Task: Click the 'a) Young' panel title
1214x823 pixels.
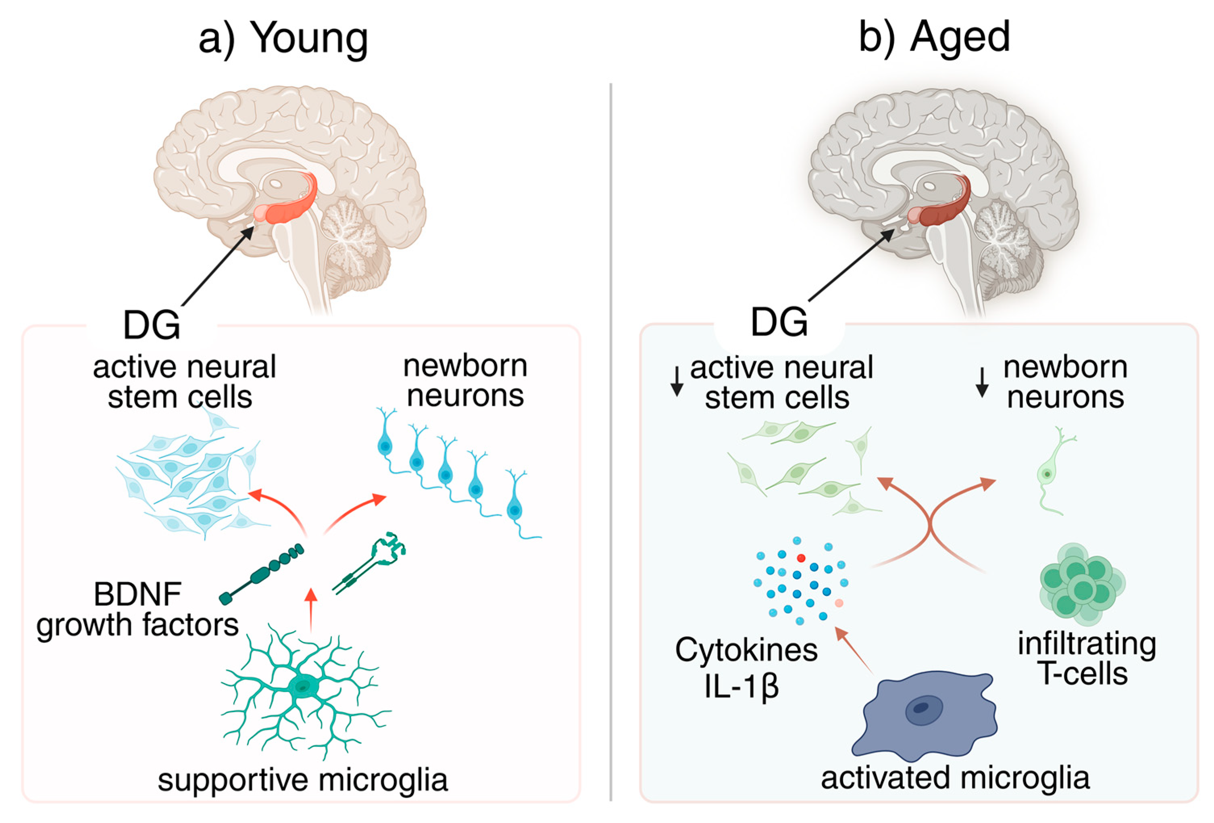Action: click(284, 38)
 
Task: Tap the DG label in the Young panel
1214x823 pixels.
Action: click(152, 325)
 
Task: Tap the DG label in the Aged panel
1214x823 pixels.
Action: click(779, 322)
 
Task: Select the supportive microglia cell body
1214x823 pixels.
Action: click(302, 685)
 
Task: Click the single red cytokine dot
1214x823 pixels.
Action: click(801, 558)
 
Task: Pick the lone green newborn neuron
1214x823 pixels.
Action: click(1048, 473)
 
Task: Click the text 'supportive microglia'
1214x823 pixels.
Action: click(302, 779)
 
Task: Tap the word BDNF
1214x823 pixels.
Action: click(137, 594)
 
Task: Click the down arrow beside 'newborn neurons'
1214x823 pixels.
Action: click(982, 382)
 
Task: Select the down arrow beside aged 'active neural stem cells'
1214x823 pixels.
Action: click(677, 382)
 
